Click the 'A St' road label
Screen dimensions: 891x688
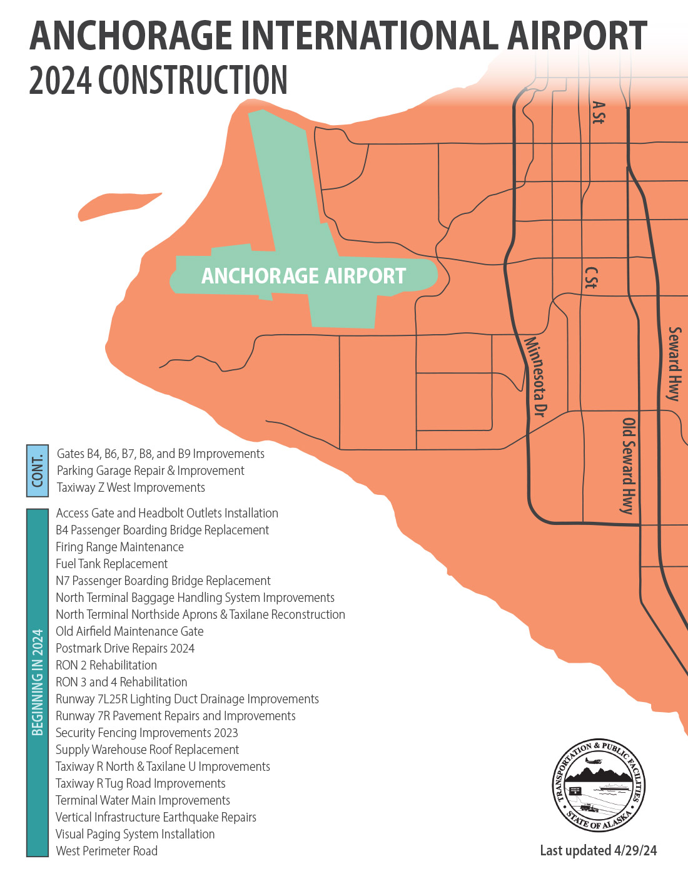[x=598, y=113]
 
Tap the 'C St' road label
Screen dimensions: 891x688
[x=590, y=278]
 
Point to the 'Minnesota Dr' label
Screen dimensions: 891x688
[x=535, y=376]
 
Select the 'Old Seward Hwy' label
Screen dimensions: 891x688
[x=628, y=466]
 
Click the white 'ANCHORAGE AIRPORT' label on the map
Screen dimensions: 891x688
[x=303, y=276]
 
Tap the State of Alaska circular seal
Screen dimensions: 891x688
[x=599, y=786]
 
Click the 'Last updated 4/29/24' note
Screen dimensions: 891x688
[x=598, y=850]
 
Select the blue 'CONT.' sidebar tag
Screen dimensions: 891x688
[x=38, y=471]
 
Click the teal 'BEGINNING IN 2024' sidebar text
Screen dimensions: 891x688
[x=38, y=682]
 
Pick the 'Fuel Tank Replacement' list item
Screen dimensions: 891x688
[x=112, y=564]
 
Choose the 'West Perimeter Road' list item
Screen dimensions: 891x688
[x=106, y=851]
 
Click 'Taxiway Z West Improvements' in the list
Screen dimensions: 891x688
[x=131, y=487]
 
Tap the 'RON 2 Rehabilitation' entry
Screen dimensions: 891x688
[x=106, y=665]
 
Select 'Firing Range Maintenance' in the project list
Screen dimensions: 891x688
[x=119, y=547]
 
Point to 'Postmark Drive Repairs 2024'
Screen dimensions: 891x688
[x=125, y=648]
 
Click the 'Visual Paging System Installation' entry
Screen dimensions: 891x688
[x=135, y=834]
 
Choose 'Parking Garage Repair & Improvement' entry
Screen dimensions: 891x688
[x=151, y=471]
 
